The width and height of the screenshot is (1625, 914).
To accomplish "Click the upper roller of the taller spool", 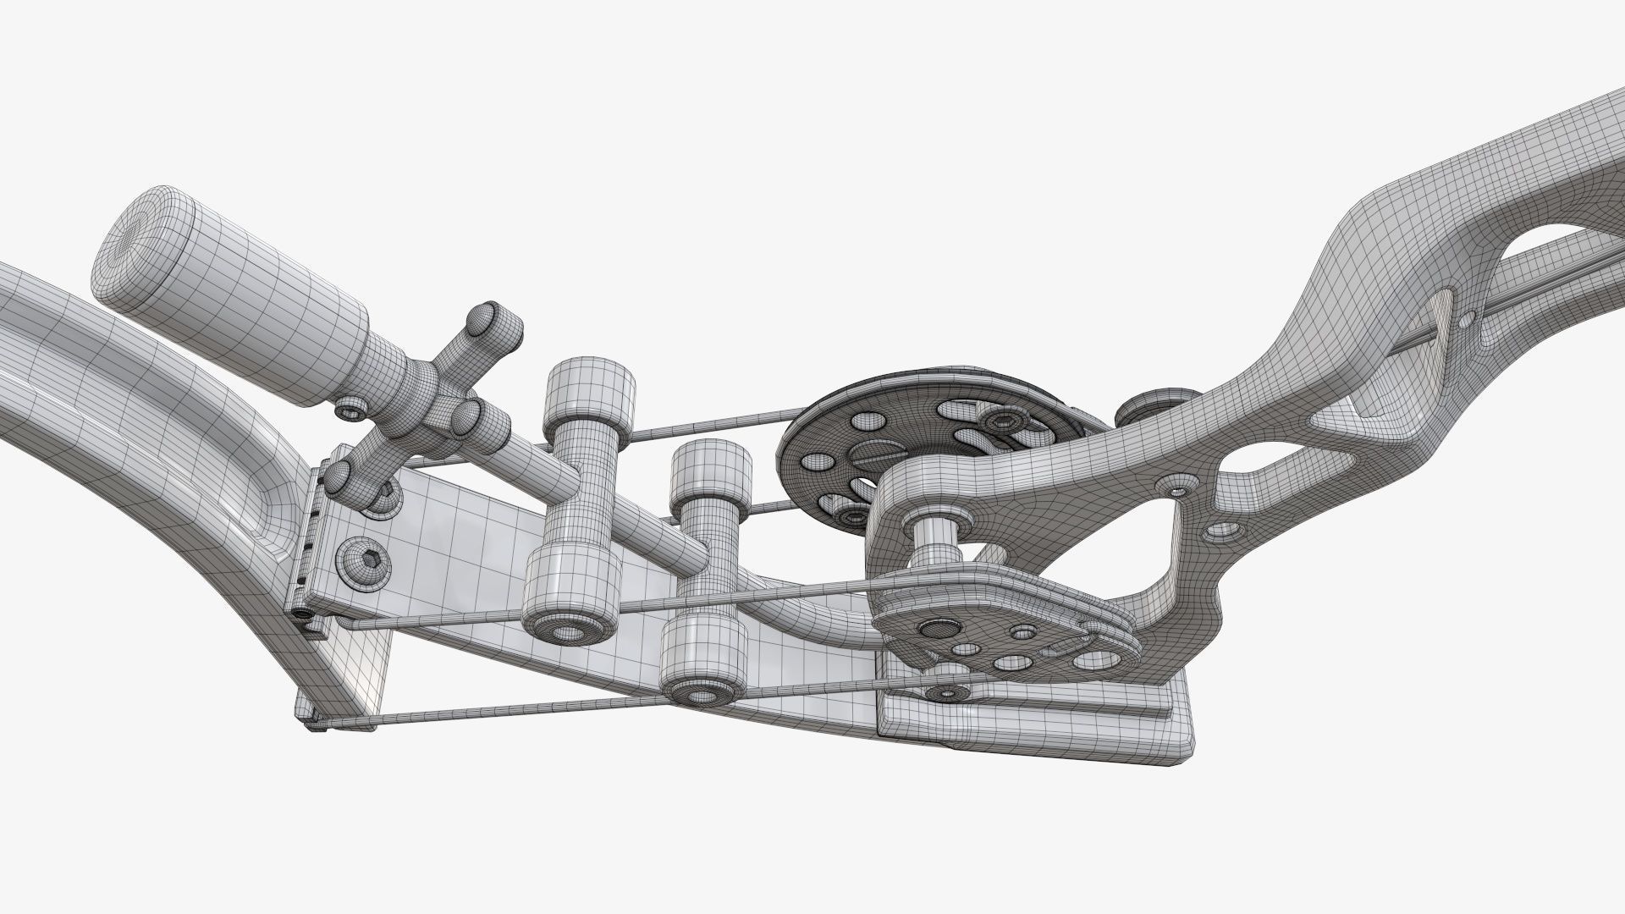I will tap(588, 395).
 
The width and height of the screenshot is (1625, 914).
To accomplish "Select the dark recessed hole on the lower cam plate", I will tap(936, 628).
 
